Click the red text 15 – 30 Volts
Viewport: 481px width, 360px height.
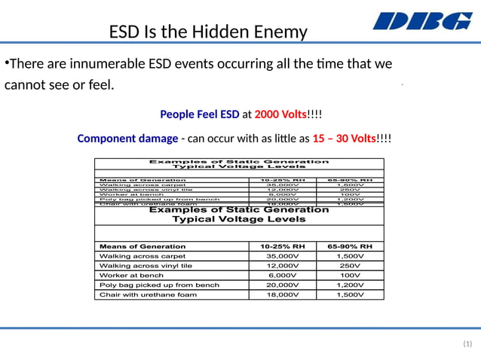(344, 139)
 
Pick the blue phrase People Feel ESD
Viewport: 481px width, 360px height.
(200, 114)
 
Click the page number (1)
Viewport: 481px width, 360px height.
(467, 343)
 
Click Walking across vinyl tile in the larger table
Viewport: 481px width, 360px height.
(146, 266)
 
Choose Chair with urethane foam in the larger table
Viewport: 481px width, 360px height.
(148, 294)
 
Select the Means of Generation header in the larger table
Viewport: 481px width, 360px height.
(142, 246)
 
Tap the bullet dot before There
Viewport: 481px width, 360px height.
(6, 62)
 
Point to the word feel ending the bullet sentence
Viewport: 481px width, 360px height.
(98, 84)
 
